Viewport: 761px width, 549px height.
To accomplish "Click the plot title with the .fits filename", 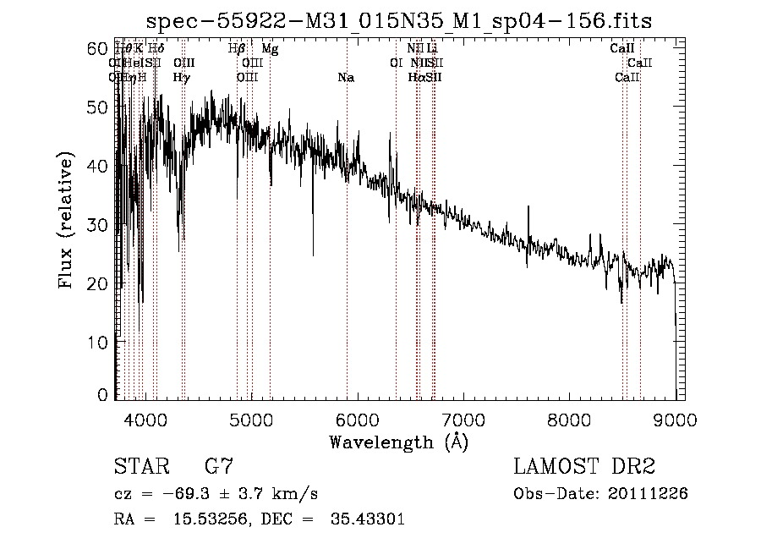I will pyautogui.click(x=398, y=20).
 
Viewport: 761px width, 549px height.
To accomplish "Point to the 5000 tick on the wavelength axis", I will pyautogui.click(x=251, y=420).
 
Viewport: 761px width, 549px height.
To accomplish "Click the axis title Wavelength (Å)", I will pyautogui.click(x=398, y=442).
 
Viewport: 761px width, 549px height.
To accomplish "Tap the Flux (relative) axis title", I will pyautogui.click(x=68, y=222).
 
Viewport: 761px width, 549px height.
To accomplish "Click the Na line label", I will pyautogui.click(x=345, y=78).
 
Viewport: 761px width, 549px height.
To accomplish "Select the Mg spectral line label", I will pyautogui.click(x=269, y=49).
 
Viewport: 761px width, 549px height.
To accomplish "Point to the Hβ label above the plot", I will pyautogui.click(x=237, y=49).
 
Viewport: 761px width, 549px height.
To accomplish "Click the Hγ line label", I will pyautogui.click(x=181, y=78).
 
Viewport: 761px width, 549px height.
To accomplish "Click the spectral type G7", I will pyautogui.click(x=218, y=467).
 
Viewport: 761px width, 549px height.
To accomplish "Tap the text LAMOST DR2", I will pyautogui.click(x=584, y=467).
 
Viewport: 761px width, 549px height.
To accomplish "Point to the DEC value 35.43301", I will pyautogui.click(x=367, y=519).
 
